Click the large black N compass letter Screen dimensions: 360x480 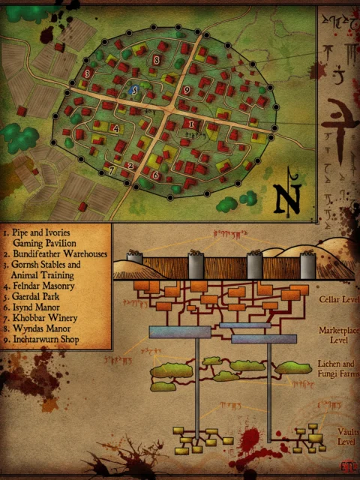pyautogui.click(x=284, y=198)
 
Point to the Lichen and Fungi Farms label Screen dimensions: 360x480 pyautogui.click(x=339, y=369)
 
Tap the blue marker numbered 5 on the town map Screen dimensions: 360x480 pyautogui.click(x=134, y=90)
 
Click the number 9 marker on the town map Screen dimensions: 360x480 pyautogui.click(x=186, y=90)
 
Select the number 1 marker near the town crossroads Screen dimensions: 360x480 pyautogui.click(x=191, y=123)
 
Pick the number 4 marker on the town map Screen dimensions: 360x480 pyautogui.click(x=115, y=128)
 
